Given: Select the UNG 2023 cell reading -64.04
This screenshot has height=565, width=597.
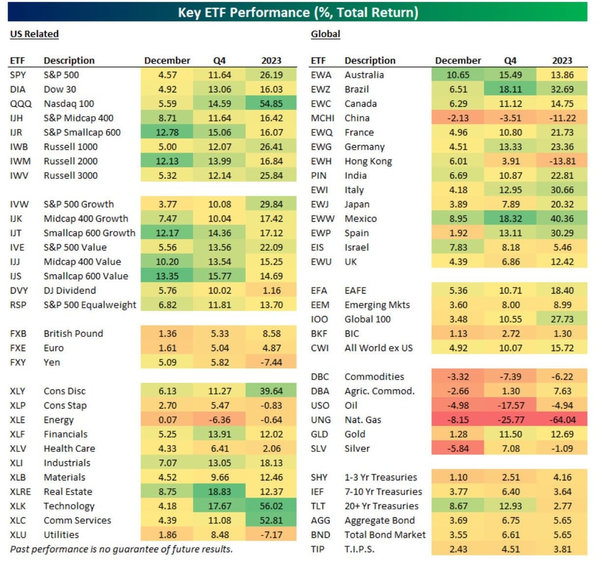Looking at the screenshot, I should tap(562, 420).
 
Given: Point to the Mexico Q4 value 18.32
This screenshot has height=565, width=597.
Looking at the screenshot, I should tap(510, 219).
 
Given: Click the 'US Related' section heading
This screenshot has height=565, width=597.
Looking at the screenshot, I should tap(34, 34).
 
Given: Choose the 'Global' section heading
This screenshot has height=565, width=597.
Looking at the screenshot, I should tap(325, 34).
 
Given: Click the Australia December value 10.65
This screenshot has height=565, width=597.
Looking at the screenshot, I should tap(458, 75).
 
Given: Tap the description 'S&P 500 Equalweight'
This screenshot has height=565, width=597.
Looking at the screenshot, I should tap(90, 304).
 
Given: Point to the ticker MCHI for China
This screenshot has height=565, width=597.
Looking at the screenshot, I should tap(322, 118).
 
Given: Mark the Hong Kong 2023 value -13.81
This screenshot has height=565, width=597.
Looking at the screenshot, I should tap(562, 162).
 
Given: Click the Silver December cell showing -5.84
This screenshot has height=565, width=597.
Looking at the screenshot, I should tap(458, 448).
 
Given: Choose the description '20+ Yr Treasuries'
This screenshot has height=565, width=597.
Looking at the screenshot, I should tap(381, 506).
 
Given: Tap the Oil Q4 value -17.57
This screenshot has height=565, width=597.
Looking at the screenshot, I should tap(510, 405).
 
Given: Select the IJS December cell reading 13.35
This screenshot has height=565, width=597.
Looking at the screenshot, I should tap(167, 276).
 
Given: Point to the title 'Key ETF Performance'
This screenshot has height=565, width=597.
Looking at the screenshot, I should tap(298, 12).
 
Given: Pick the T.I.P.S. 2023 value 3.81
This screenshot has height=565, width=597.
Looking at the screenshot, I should tap(562, 549).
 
